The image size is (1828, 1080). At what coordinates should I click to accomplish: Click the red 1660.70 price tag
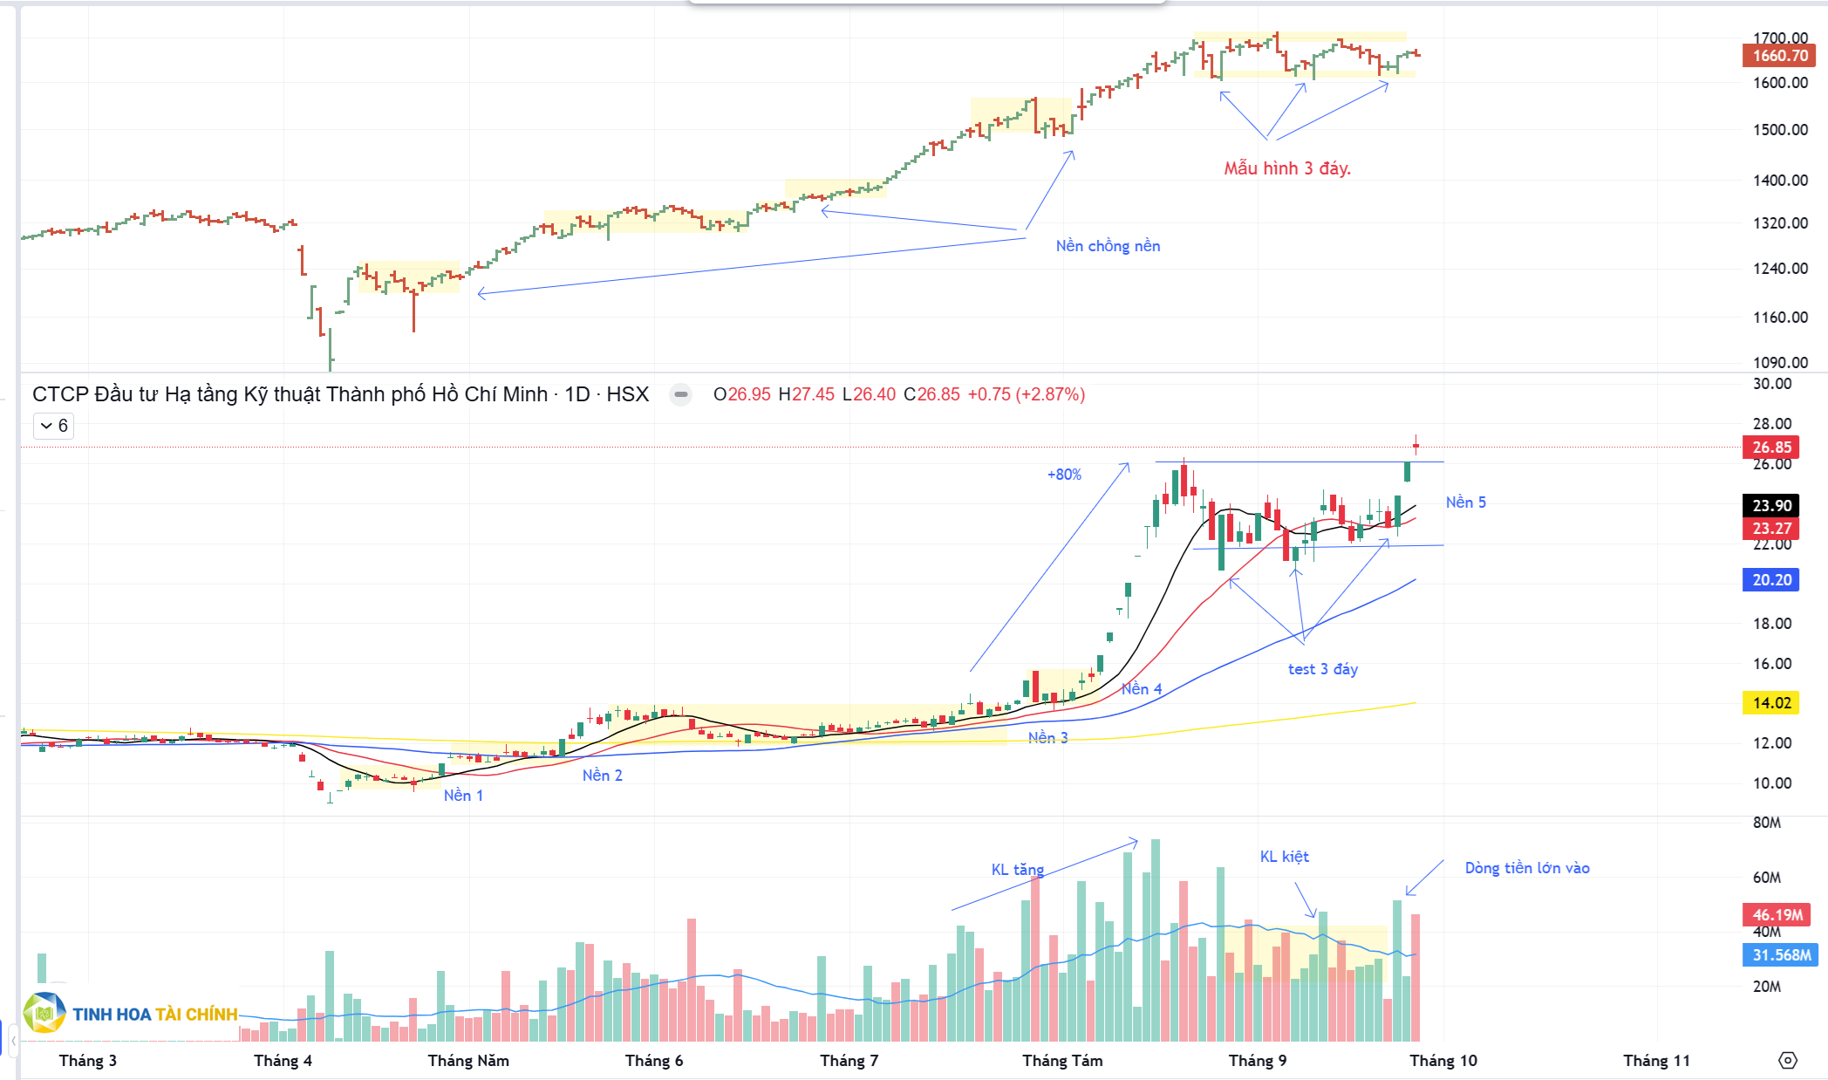[1779, 56]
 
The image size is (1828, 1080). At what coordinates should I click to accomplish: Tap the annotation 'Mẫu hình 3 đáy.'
[1286, 168]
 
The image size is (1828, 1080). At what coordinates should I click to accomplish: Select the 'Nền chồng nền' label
[1108, 246]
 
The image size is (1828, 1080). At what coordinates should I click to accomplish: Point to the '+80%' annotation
[1064, 475]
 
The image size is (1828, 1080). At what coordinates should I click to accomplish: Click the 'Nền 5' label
[1465, 502]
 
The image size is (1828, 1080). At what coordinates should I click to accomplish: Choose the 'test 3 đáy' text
[1322, 669]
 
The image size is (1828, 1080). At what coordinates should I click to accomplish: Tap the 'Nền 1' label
[463, 796]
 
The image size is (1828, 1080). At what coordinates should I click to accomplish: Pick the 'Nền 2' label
[602, 776]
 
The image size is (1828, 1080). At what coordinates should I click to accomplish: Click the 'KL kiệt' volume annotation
[1284, 857]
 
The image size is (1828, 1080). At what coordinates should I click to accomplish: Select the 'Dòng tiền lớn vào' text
[1526, 868]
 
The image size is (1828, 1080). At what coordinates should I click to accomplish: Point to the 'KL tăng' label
[1017, 870]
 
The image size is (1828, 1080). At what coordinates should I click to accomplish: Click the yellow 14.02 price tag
[1771, 703]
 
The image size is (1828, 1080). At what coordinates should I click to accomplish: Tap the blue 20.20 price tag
[1771, 580]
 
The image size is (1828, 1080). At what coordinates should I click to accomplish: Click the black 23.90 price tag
[1771, 506]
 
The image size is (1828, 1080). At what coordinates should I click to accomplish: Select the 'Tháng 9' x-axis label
[1257, 1061]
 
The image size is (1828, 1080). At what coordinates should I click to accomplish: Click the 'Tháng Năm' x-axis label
[468, 1061]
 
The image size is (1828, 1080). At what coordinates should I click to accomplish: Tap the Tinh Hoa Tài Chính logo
[131, 1014]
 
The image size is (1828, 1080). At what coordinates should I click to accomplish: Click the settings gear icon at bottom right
[1787, 1061]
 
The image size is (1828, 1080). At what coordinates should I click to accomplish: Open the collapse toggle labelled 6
[53, 426]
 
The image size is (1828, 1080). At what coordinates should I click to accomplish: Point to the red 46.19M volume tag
[1777, 915]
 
